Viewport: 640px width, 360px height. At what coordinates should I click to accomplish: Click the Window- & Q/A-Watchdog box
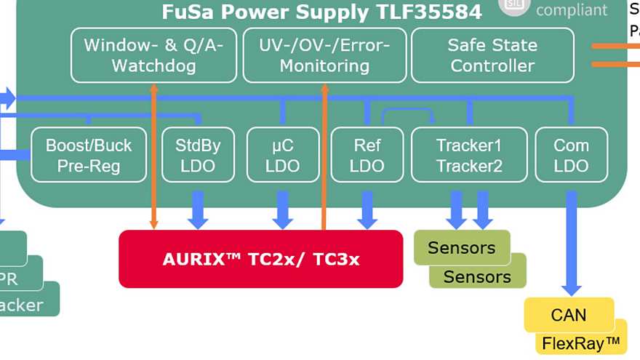153,55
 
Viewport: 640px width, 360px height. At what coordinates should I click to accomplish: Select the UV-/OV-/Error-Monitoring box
324,55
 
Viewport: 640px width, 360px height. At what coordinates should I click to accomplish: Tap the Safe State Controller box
492,55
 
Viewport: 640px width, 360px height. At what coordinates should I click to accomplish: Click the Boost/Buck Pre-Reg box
89,155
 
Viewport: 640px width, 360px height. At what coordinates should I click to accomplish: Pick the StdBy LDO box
198,155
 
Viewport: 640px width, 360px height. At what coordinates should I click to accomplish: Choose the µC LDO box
282,155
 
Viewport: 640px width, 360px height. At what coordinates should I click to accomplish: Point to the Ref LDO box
367,155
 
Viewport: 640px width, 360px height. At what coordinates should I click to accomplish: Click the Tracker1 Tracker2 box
469,155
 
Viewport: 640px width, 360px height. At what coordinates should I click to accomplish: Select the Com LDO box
571,155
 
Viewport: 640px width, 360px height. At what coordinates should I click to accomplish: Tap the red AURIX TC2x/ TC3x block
260,259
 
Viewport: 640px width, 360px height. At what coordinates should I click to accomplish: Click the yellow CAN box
569,315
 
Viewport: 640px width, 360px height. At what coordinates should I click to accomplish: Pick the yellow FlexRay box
582,343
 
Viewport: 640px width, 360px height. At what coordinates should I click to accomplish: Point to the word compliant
571,9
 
